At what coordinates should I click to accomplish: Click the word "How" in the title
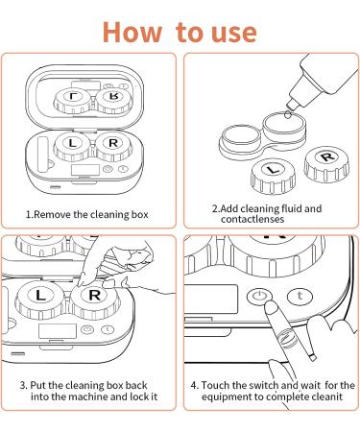pos(132,32)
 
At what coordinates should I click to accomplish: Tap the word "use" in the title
pos(234,33)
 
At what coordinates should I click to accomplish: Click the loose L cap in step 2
pos(273,176)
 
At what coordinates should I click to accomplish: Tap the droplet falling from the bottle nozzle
pos(287,114)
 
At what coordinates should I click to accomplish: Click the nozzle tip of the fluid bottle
pos(291,104)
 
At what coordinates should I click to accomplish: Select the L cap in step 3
pos(40,300)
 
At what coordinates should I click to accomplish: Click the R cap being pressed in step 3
pos(95,300)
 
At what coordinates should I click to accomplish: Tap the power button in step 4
pos(259,296)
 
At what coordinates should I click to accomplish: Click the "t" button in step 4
pos(300,296)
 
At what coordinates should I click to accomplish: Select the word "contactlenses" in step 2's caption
pos(252,219)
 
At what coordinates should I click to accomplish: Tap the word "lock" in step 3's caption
pos(139,396)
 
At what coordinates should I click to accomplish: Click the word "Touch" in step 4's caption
pos(215,385)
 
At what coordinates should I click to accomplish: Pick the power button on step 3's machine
pos(87,329)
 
